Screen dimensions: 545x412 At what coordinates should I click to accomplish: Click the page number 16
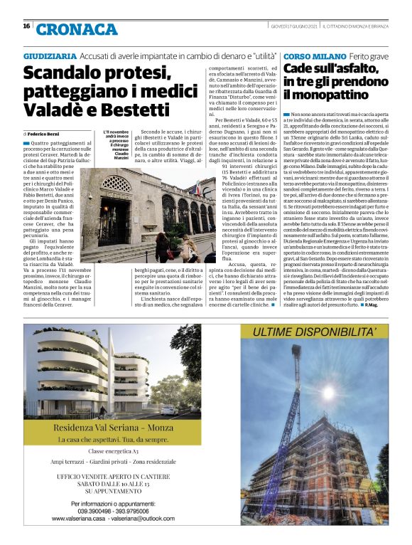(26, 26)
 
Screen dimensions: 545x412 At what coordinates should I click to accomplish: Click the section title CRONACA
(76, 29)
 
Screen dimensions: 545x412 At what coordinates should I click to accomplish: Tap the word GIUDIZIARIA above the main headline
(49, 55)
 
